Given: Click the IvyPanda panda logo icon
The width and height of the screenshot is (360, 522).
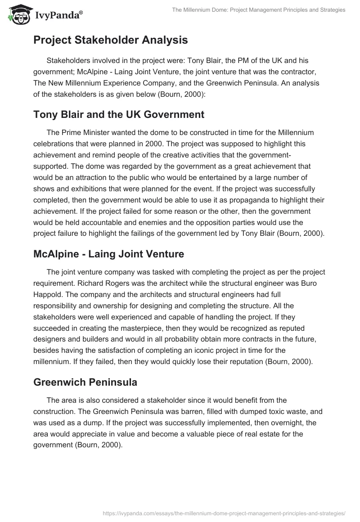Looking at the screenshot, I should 17,14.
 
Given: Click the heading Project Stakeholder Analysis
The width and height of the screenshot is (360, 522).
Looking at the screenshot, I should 110,40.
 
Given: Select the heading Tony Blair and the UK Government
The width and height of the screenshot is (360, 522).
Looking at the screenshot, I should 119,114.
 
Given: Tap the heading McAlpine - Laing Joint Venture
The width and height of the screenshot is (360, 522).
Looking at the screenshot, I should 108,254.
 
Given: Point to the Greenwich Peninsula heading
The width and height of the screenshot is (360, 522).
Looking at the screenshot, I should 85,382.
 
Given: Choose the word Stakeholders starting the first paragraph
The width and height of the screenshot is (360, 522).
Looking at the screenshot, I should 68,60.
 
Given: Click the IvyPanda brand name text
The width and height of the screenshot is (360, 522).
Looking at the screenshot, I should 57,15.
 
